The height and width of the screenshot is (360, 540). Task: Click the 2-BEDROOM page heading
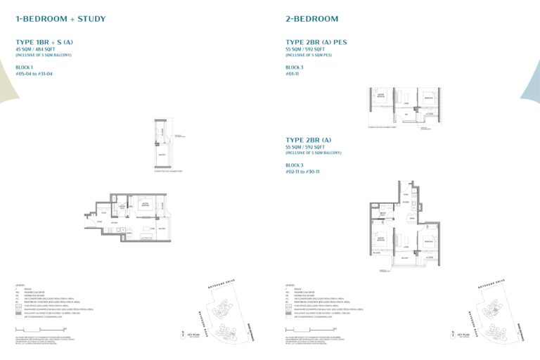tap(312, 19)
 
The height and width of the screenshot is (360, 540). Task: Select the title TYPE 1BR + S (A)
tap(44, 42)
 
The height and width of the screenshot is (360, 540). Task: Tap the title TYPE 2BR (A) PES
tap(316, 42)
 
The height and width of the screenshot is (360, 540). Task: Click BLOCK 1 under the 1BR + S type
tap(25, 67)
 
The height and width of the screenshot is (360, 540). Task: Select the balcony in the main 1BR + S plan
tap(162, 228)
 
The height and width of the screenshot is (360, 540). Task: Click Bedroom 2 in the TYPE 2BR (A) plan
tap(430, 241)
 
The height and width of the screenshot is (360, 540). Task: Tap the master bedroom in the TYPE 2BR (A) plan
tap(380, 243)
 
